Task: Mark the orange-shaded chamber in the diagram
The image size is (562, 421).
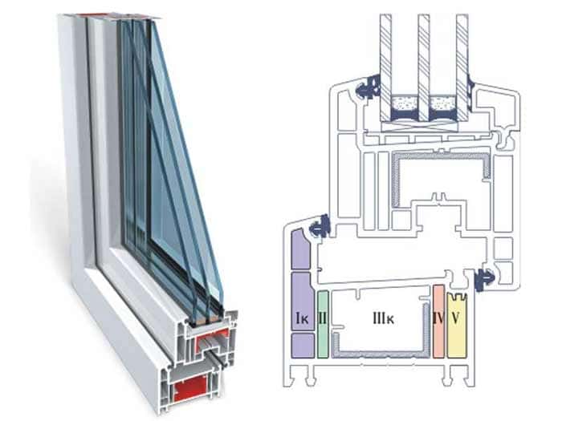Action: (x=438, y=333)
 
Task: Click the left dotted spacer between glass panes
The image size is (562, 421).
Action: (x=403, y=105)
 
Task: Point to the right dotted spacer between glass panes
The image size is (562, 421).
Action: (x=442, y=105)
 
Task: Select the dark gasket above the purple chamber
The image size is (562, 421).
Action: (x=320, y=225)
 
